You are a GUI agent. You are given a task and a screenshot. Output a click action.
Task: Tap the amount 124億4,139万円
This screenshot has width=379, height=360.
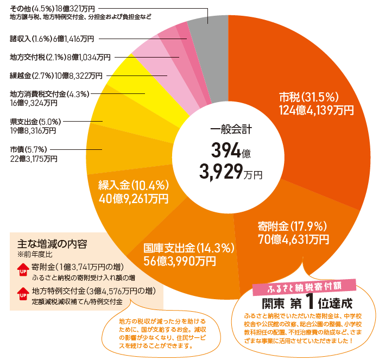316,110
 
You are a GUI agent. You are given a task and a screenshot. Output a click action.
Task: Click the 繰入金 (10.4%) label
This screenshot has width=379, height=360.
134,185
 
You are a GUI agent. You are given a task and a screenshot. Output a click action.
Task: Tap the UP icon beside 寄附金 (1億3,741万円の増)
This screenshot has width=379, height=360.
23,269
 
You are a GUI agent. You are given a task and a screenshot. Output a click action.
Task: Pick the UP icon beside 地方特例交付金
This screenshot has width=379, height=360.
23,294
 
